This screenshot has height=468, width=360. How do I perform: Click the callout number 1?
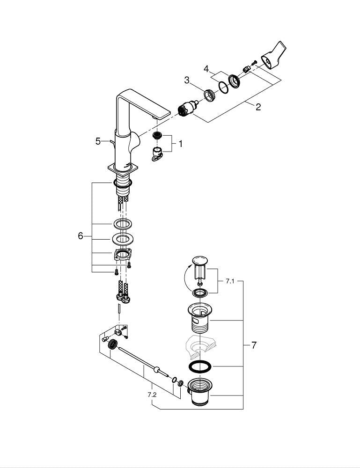[x=180, y=144]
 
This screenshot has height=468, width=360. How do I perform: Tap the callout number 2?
[x=258, y=107]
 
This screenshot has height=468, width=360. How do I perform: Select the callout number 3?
[x=187, y=80]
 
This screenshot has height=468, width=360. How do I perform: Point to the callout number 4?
[x=206, y=69]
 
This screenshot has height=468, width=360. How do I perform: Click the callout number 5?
[x=98, y=141]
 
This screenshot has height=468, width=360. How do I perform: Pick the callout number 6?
[x=81, y=236]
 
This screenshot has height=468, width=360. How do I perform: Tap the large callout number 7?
[x=254, y=345]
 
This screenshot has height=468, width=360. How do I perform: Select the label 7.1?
[x=229, y=281]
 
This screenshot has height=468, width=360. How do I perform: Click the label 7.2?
[x=152, y=395]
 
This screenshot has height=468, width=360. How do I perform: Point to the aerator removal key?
[x=158, y=153]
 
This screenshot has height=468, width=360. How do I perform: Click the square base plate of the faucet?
[x=124, y=167]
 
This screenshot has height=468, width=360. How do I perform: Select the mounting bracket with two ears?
[x=123, y=256]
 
